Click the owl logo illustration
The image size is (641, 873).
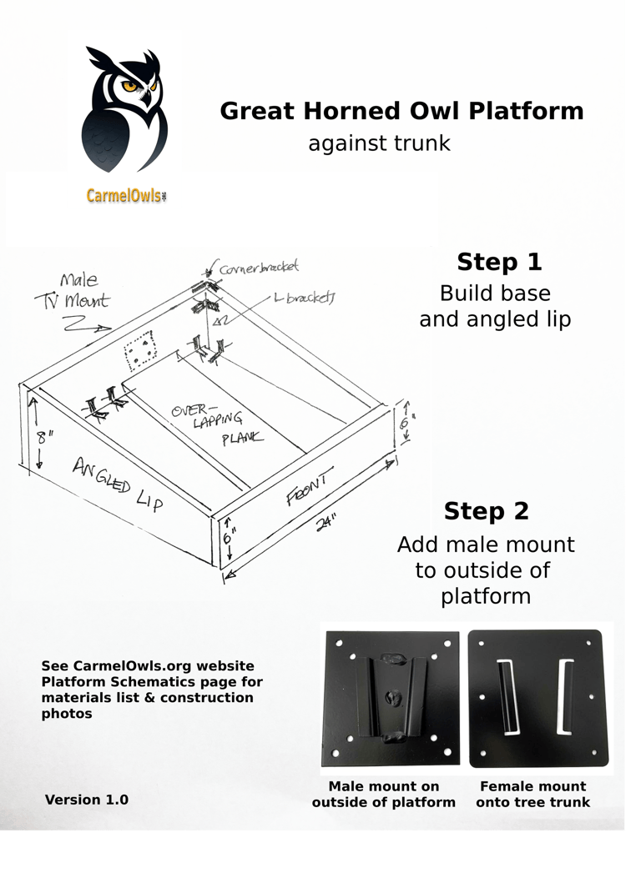tap(126, 108)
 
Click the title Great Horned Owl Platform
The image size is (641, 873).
tap(401, 111)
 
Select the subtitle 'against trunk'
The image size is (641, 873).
tap(379, 143)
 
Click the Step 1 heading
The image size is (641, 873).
tap(499, 262)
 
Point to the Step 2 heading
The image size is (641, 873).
tap(486, 511)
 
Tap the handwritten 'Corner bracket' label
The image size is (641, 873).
tap(259, 268)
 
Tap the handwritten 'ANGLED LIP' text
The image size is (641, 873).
tap(117, 484)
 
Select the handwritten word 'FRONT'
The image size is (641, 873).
tap(310, 488)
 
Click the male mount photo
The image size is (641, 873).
tap(391, 699)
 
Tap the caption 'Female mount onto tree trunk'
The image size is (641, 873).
tap(532, 794)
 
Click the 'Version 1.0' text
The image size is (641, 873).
tap(87, 800)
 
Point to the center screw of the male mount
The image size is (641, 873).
tap(391, 694)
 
